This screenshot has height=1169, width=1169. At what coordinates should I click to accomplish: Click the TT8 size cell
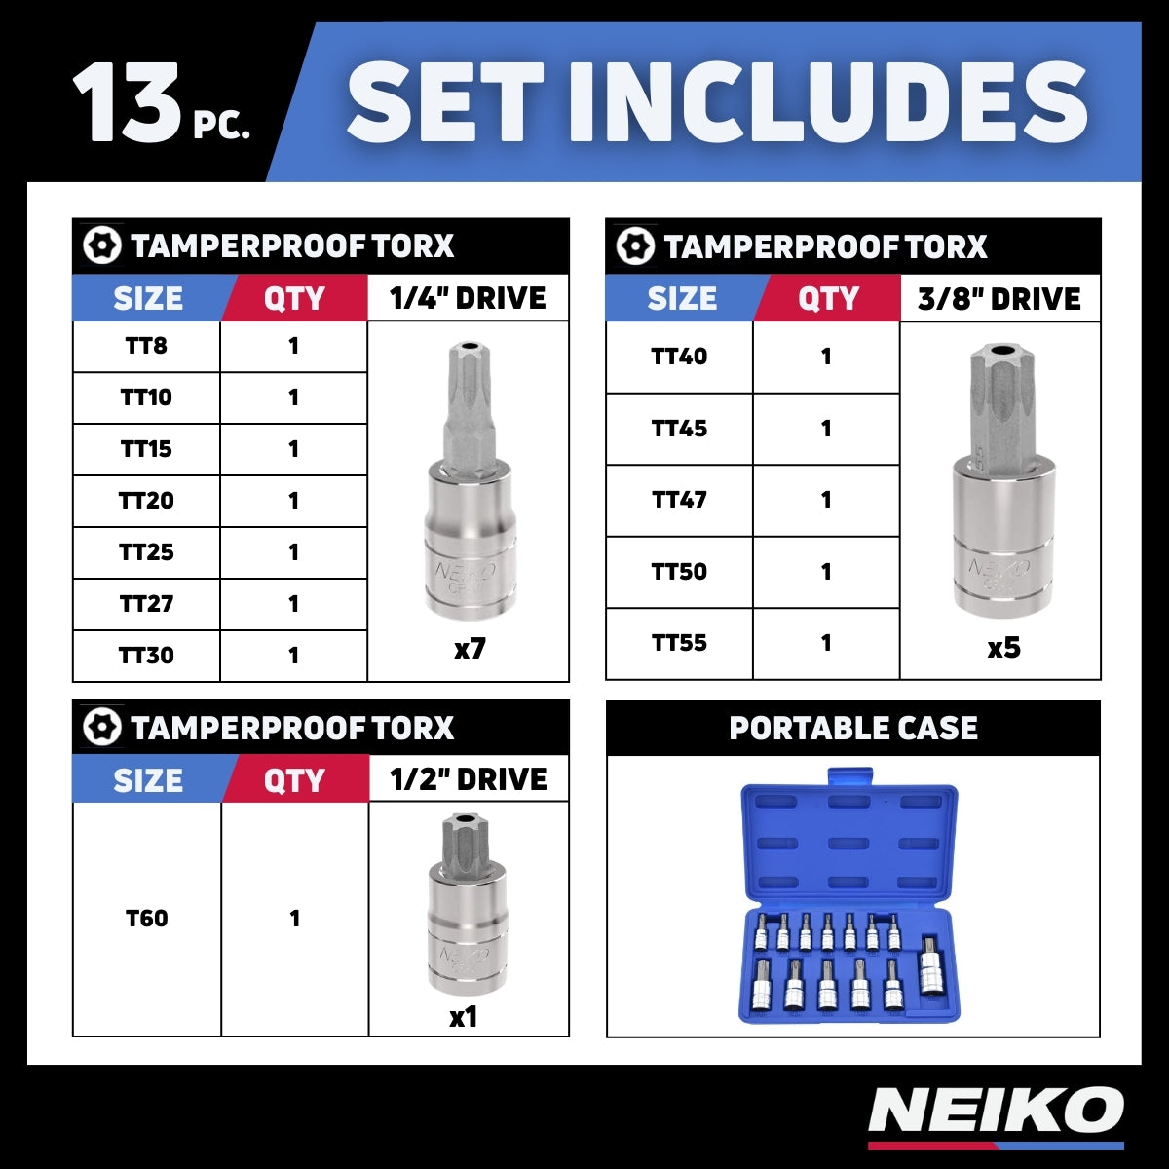[x=146, y=346]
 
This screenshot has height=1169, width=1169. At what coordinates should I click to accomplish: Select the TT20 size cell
[x=146, y=501]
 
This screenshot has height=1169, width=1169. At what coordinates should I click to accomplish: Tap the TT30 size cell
[x=146, y=656]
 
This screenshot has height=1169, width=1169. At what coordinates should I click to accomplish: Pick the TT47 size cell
[x=679, y=500]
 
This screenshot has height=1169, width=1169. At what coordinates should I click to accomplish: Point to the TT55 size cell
[x=679, y=643]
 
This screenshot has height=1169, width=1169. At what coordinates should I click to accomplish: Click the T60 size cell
[x=146, y=919]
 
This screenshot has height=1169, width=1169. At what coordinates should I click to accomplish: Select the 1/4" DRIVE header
[x=468, y=298]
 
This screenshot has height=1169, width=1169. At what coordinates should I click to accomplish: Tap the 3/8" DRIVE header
[x=999, y=299]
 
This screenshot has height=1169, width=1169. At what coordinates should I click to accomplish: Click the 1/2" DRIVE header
[x=468, y=779]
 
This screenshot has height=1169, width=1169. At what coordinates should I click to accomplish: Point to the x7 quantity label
[x=470, y=649]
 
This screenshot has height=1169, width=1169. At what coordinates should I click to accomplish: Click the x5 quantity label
[x=1003, y=648]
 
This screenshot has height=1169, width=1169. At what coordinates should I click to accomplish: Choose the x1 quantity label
[x=464, y=1017]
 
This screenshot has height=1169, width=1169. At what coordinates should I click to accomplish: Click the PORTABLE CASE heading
[x=853, y=729]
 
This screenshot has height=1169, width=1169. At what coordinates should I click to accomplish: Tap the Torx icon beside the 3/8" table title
[x=634, y=246]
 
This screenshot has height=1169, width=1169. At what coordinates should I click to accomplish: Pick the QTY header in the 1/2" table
[x=294, y=780]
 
